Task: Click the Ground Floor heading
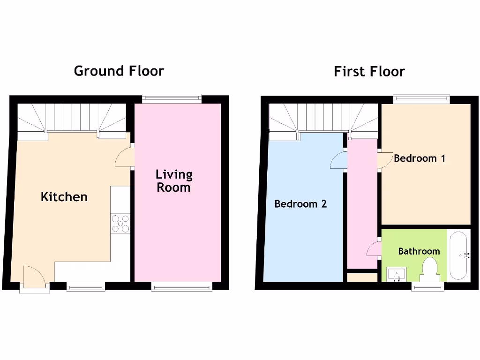click(119, 71)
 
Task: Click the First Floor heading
click(369, 72)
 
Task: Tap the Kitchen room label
click(64, 196)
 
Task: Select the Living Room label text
click(174, 181)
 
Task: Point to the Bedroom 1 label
click(419, 158)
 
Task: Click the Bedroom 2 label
click(300, 204)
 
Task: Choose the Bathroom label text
click(419, 251)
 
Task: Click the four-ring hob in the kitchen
click(120, 224)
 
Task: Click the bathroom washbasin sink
click(397, 273)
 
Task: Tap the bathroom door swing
click(374, 248)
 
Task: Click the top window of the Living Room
click(172, 98)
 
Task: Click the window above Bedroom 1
click(421, 99)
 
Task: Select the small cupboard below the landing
click(362, 277)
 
